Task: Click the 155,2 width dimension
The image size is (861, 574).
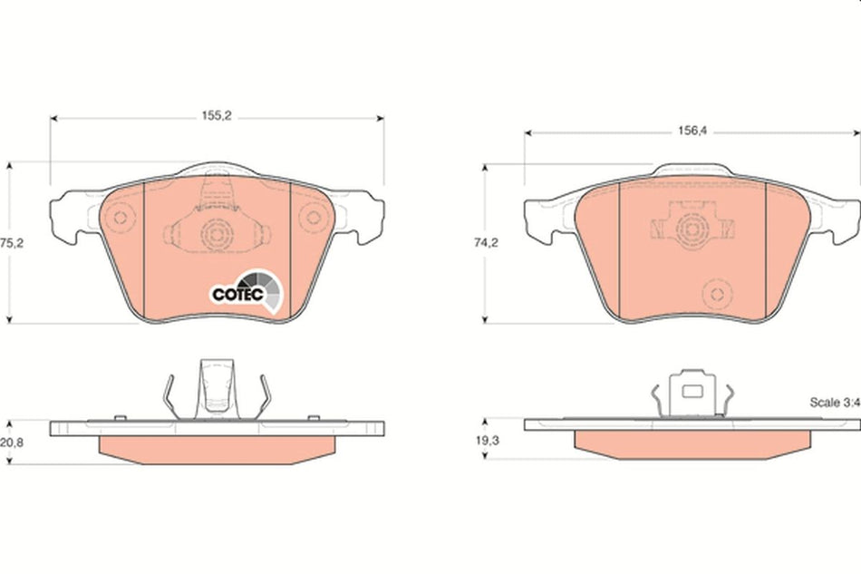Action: (215, 117)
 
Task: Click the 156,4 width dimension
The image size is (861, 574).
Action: (692, 131)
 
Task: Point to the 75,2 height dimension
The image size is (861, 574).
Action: (9, 243)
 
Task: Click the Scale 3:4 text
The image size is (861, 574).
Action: (834, 403)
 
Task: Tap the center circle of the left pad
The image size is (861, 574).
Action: (216, 237)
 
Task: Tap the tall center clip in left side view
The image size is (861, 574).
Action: (217, 387)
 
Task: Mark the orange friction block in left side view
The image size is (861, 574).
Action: (218, 447)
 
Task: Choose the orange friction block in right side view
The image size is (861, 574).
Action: (691, 441)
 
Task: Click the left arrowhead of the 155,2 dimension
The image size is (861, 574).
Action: (53, 117)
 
